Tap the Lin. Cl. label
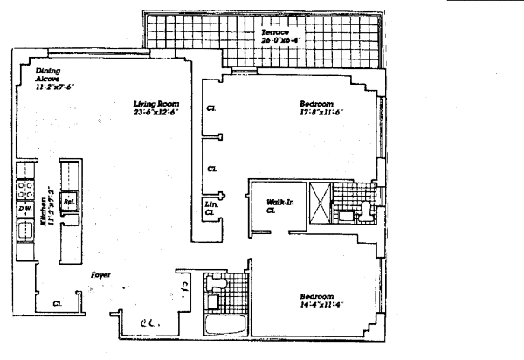[x=210, y=208]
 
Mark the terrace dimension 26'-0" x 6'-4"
[x=279, y=39]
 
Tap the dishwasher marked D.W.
[x=24, y=209]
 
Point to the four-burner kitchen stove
[x=24, y=187]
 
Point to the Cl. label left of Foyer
[x=57, y=304]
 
